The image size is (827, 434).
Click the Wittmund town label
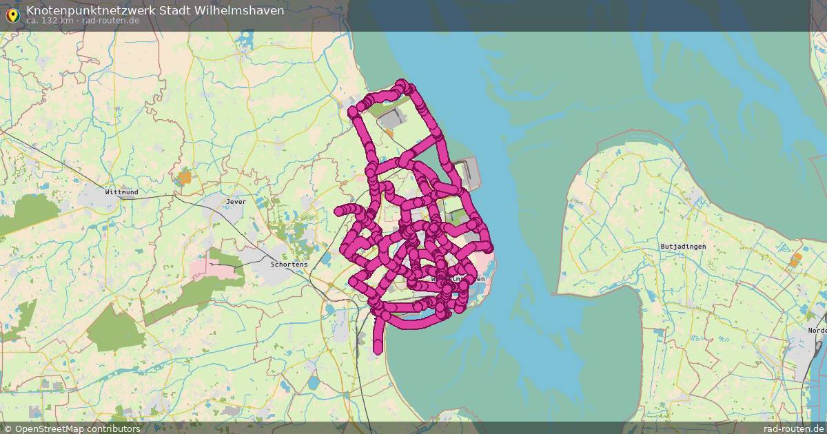pyautogui.click(x=121, y=192)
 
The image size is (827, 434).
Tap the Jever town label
pyautogui.click(x=236, y=202)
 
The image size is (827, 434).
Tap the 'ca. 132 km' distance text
pyautogui.click(x=49, y=21)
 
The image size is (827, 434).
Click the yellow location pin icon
pyautogui.click(x=12, y=14)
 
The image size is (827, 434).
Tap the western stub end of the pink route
pyautogui.click(x=339, y=211)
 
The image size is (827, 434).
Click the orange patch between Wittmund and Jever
pyautogui.click(x=184, y=178)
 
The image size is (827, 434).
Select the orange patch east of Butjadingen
pyautogui.click(x=797, y=260)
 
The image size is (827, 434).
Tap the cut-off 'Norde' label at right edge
pyautogui.click(x=817, y=330)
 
